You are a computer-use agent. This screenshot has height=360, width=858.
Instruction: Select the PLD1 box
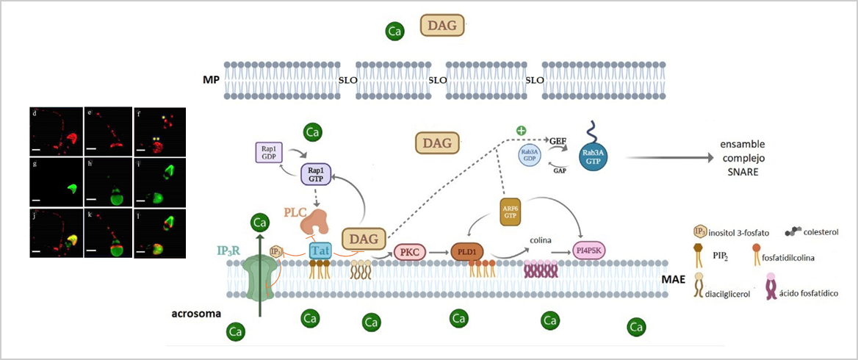(x=468, y=251)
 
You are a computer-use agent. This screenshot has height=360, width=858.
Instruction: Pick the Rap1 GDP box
(x=268, y=153)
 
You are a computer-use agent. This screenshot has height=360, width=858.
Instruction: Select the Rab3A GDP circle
(x=529, y=156)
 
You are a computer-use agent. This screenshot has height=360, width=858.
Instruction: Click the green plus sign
(x=522, y=131)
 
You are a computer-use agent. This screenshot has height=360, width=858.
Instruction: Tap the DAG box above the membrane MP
(x=441, y=26)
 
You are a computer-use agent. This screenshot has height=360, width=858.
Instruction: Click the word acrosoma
(x=192, y=314)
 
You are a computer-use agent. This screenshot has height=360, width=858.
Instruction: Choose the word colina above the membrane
(x=541, y=240)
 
